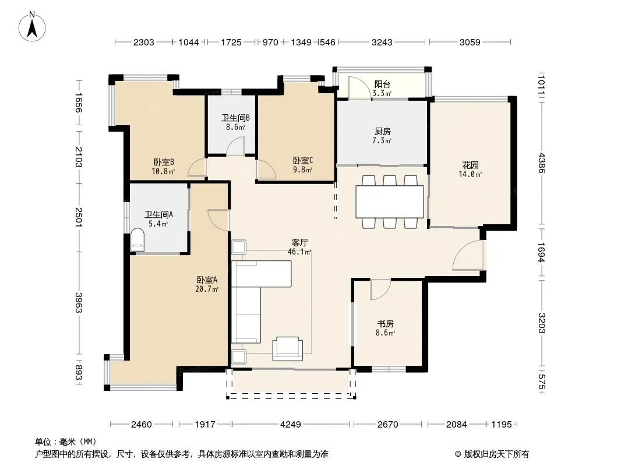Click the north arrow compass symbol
[32, 26]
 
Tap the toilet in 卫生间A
[137, 239]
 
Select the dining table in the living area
[390, 202]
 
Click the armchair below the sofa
[288, 349]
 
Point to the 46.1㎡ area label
[299, 252]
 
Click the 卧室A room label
[207, 280]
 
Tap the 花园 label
[470, 165]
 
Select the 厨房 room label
[382, 132]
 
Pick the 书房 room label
[385, 323]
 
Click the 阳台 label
[382, 84]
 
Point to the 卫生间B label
[235, 118]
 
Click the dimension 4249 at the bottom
[290, 425]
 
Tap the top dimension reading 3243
[382, 42]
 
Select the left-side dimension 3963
[79, 303]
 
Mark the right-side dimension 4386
[541, 163]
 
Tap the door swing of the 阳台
[359, 87]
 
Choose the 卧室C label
[303, 160]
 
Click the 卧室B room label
[164, 163]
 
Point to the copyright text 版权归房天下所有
[496, 454]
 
